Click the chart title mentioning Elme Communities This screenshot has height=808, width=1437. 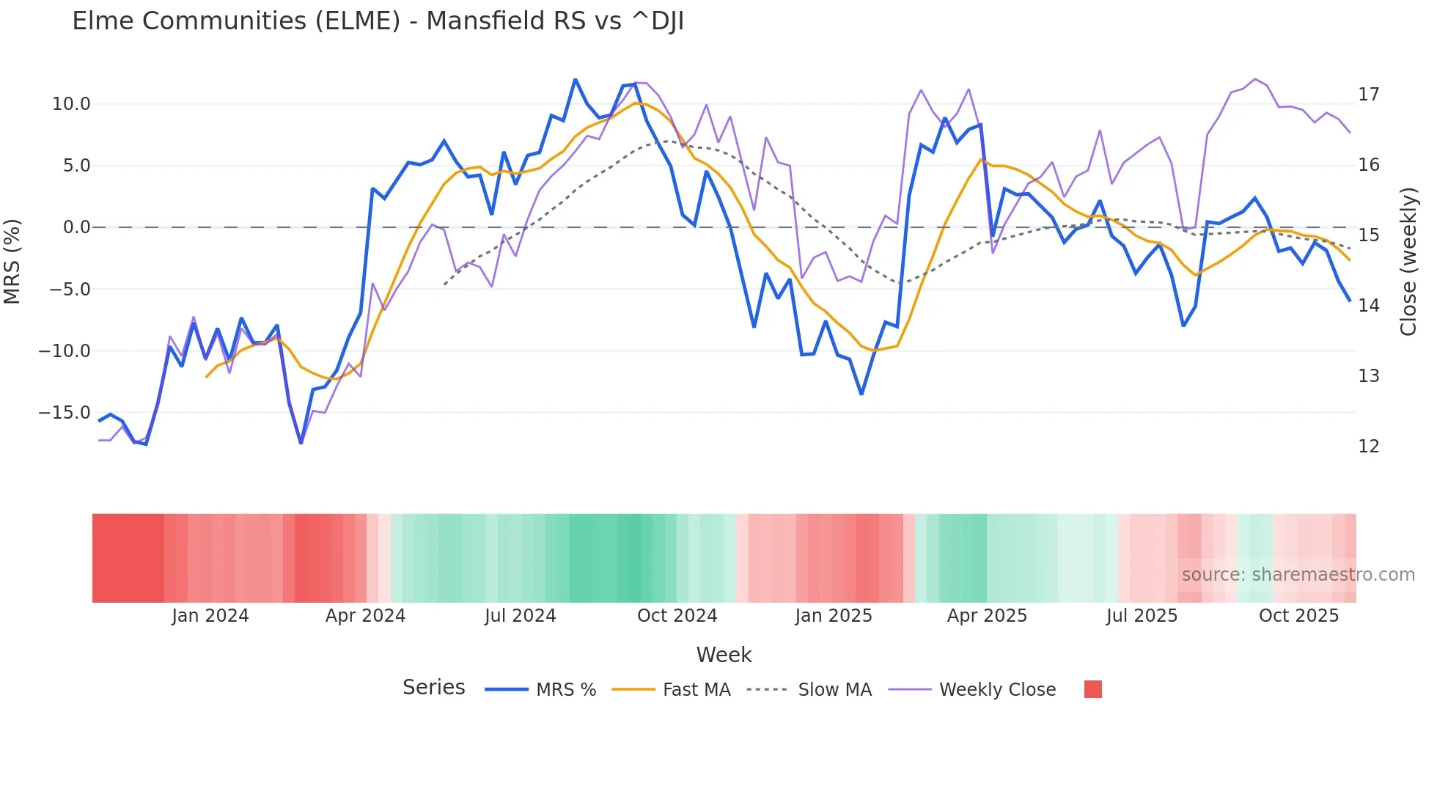(x=378, y=21)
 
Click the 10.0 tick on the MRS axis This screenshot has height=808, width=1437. (x=71, y=104)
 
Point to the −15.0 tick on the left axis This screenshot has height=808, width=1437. (x=65, y=413)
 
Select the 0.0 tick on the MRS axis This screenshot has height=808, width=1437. (x=76, y=227)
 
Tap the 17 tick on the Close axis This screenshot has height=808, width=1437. (x=1368, y=95)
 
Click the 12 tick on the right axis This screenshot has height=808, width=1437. (x=1368, y=447)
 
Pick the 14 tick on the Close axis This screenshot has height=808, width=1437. (x=1368, y=306)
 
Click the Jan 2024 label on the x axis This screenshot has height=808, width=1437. (x=210, y=616)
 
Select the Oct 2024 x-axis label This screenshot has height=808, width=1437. (x=677, y=616)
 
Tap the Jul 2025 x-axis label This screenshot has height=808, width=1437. (x=1142, y=616)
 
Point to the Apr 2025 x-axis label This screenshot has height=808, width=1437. (x=987, y=616)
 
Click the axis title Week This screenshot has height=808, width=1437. (x=724, y=655)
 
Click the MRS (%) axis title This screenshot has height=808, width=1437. (x=12, y=261)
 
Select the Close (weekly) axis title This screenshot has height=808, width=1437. (x=1408, y=262)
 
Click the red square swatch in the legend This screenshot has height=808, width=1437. (x=1092, y=689)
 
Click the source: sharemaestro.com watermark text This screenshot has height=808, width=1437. (x=1298, y=575)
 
